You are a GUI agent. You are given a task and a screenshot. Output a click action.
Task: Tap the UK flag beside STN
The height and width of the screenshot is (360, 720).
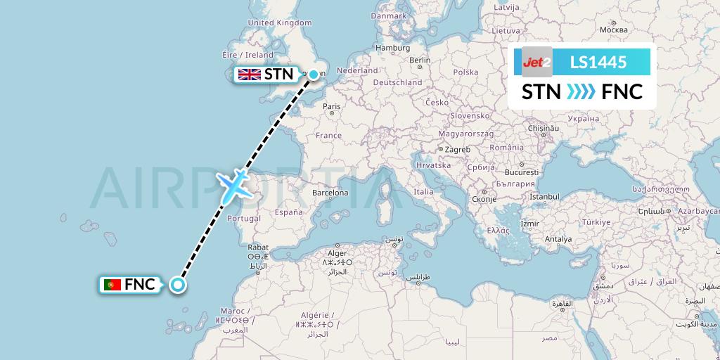tap(249, 75)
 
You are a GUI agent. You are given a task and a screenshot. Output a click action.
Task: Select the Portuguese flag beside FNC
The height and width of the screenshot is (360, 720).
tap(111, 285)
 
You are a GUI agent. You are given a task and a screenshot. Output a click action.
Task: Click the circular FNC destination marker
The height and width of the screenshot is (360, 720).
tap(178, 285)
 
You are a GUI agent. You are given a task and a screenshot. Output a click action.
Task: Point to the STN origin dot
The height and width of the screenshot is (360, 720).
tap(314, 74)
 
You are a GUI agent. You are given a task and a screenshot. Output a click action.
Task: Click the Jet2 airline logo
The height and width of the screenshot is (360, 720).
tap(537, 62)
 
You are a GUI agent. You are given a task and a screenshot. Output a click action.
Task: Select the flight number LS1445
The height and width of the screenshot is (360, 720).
tap(598, 62)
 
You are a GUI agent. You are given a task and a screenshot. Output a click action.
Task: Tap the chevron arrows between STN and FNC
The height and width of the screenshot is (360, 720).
tap(581, 92)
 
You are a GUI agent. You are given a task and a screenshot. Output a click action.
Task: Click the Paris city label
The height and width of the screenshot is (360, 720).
tap(332, 107)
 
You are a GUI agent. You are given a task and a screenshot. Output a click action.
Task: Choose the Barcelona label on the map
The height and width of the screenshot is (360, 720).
tap(330, 192)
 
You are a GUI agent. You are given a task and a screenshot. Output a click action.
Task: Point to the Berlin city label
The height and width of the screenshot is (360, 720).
tap(420, 60)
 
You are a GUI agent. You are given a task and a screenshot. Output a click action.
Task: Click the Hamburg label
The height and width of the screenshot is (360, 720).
tap(392, 48)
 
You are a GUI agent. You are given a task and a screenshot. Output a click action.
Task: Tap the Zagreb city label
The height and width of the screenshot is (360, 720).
tap(457, 149)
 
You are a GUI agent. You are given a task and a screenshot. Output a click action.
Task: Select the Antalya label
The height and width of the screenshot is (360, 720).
tap(558, 239)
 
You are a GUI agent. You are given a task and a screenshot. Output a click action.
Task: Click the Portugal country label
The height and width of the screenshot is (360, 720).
tap(244, 218)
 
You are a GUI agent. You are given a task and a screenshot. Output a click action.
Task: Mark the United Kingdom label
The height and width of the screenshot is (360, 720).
tap(280, 22)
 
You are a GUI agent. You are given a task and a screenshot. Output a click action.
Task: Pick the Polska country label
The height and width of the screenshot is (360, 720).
tap(465, 72)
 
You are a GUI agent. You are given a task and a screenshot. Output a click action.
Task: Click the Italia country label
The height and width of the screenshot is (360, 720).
tap(423, 191)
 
